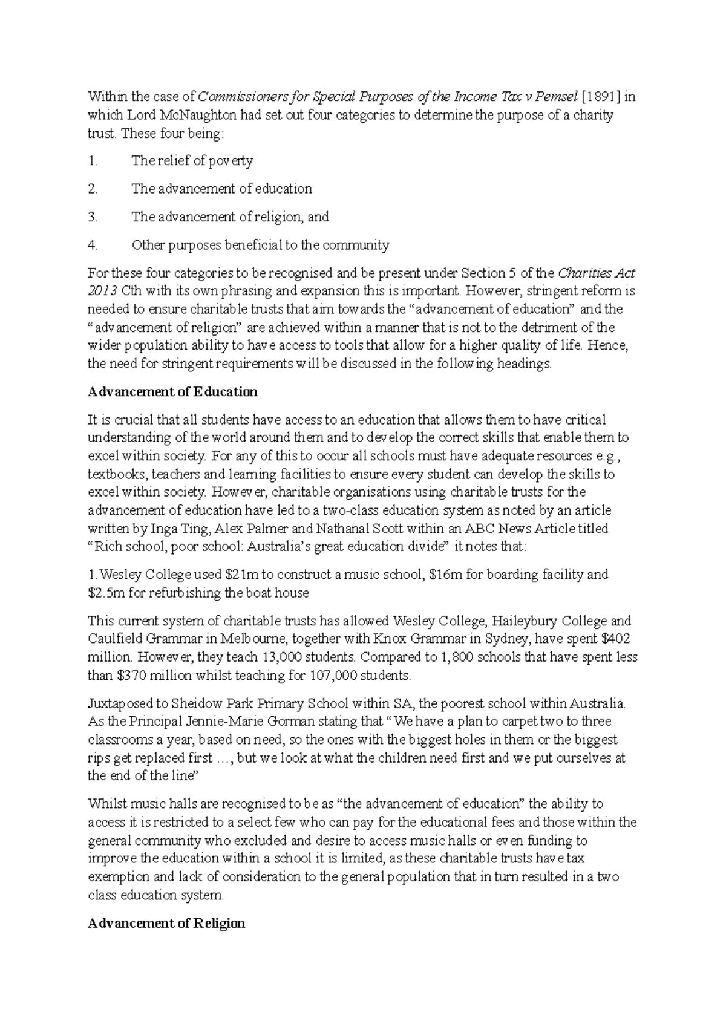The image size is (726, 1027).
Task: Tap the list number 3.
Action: [92, 217]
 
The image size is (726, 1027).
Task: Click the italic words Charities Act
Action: [596, 272]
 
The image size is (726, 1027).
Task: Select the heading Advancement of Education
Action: [172, 391]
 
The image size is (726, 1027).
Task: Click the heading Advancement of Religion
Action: [166, 924]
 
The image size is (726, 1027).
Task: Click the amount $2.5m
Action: [106, 593]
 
